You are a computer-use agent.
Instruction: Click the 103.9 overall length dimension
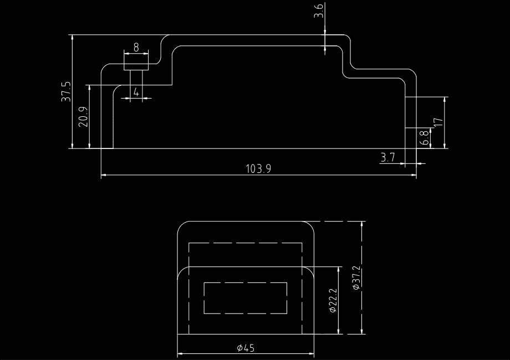[x=258, y=168]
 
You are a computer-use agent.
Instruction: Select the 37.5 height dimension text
[x=67, y=91]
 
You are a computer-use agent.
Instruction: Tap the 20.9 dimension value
[x=83, y=117]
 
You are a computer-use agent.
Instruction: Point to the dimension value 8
[x=136, y=48]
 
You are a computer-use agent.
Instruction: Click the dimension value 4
[x=136, y=92]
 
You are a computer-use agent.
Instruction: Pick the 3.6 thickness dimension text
[x=319, y=11]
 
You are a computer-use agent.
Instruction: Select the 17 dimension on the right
[x=438, y=122]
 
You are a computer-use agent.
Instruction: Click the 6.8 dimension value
[x=424, y=138]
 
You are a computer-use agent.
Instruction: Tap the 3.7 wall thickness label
[x=387, y=158]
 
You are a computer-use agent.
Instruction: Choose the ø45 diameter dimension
[x=246, y=348]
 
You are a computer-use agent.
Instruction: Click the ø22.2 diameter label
[x=333, y=300]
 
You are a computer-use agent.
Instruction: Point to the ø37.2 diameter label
[x=356, y=278]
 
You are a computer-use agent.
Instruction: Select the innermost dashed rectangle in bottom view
[x=246, y=299]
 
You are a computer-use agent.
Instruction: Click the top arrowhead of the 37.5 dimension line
[x=73, y=37]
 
